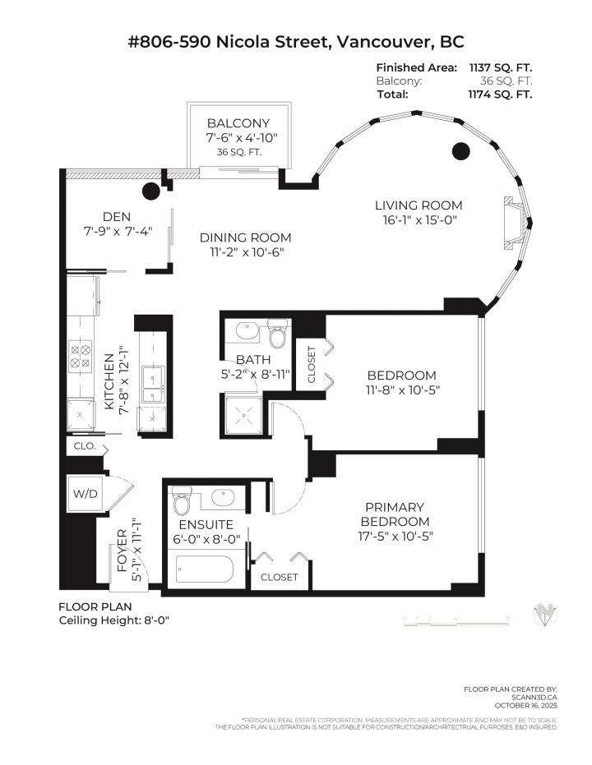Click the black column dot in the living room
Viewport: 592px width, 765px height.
pos(462,150)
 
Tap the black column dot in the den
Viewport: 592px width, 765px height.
pos(151,192)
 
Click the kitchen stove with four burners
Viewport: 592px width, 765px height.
pos(81,355)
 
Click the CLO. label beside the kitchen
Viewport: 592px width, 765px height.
pos(85,446)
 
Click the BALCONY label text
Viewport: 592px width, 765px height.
pos(238,123)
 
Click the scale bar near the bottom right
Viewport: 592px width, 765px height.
pos(456,618)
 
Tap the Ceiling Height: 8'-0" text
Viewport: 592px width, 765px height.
pos(113,621)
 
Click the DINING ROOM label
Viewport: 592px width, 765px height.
pos(245,237)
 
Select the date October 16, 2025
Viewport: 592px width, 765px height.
pos(526,704)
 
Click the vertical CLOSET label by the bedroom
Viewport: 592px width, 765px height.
pos(312,364)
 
